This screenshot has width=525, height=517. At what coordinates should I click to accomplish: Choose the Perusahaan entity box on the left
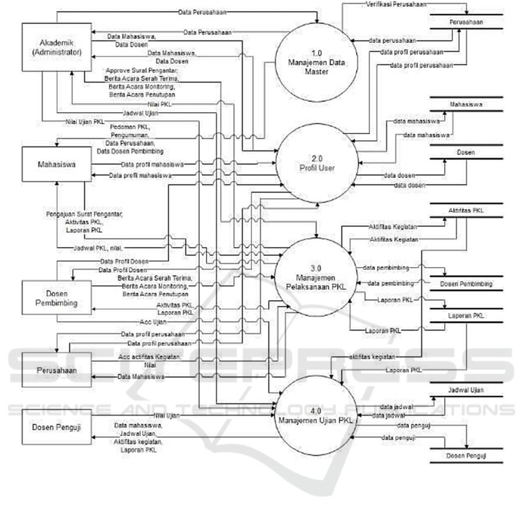tap(56, 369)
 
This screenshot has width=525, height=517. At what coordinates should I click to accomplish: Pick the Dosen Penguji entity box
tap(56, 427)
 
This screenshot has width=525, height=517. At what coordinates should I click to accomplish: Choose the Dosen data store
tap(466, 153)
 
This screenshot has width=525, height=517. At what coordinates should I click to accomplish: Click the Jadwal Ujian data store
tap(466, 390)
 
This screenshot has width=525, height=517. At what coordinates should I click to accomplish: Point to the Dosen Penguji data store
tap(466, 455)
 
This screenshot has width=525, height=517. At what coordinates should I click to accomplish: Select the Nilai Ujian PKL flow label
tap(82, 122)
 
